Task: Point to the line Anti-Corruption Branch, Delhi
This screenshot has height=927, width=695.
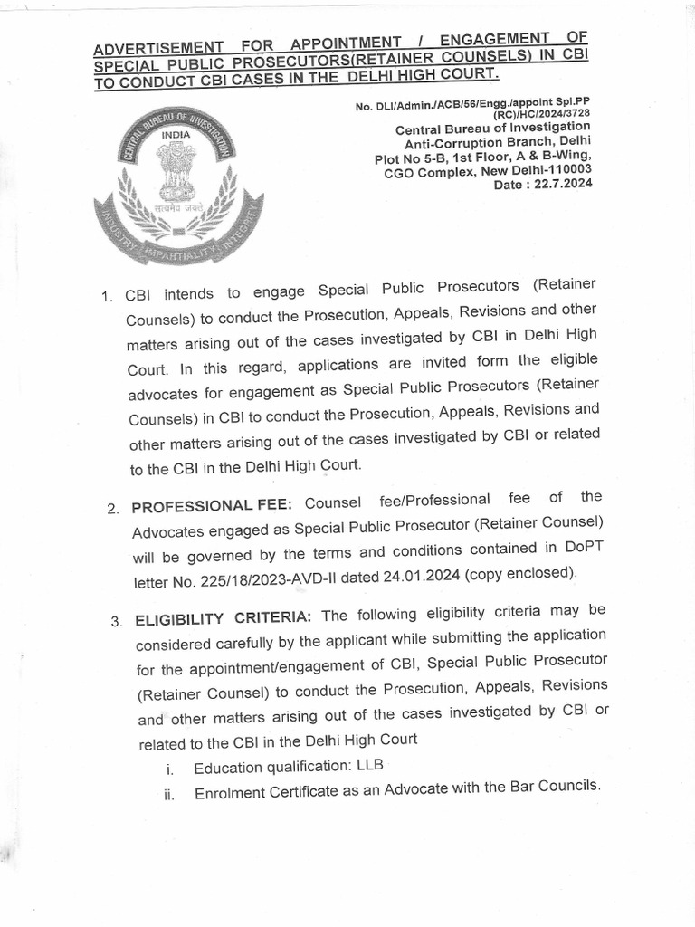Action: tap(497, 142)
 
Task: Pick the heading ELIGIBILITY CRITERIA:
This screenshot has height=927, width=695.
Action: tap(224, 618)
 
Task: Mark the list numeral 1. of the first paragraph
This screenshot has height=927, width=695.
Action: tap(106, 296)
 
